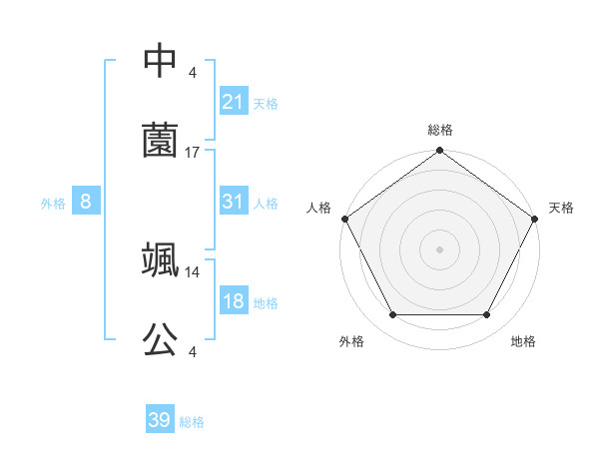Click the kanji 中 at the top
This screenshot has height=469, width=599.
click(160, 62)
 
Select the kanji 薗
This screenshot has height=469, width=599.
click(160, 142)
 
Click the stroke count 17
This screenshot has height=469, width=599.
click(193, 153)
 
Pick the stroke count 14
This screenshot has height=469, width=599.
click(193, 271)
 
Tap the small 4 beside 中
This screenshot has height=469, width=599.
click(193, 73)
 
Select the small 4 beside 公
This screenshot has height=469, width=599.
click(193, 351)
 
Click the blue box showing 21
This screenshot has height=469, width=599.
click(233, 102)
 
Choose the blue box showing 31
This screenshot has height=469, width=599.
click(233, 202)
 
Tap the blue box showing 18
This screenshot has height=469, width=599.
click(233, 301)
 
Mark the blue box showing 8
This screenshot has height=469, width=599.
click(86, 202)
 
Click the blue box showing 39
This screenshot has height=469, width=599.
click(159, 420)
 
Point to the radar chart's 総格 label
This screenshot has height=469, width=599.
click(439, 131)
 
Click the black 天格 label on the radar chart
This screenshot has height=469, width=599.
click(561, 208)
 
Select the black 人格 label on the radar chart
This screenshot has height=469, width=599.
click(318, 208)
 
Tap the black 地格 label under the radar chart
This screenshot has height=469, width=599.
click(523, 342)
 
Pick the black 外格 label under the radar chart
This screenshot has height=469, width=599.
click(351, 342)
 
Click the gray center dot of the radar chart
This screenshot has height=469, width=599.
click(439, 248)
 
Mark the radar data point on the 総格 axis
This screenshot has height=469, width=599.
click(439, 152)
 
